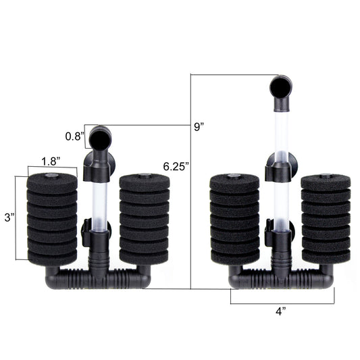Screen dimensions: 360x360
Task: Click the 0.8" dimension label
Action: pyautogui.click(x=73, y=136)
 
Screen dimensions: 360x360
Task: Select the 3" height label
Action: pyautogui.click(x=9, y=217)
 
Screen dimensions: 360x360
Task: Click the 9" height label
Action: pyautogui.click(x=199, y=127)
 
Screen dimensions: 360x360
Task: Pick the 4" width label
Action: pyautogui.click(x=281, y=311)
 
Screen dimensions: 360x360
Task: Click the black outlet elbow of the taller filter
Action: pyautogui.click(x=281, y=93)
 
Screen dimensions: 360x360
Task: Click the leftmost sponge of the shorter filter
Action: pyautogui.click(x=52, y=220)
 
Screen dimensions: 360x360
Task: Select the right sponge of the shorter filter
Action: pyautogui.click(x=145, y=220)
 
